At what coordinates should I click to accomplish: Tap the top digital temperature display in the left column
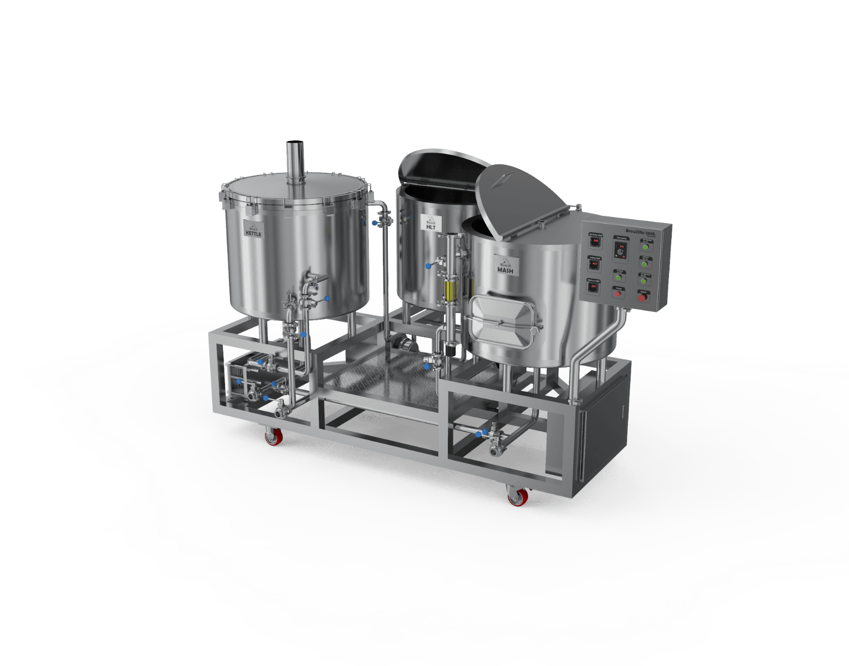coord(595,241)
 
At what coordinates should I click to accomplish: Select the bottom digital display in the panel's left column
coord(594,286)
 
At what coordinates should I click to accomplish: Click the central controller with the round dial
coord(620,251)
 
